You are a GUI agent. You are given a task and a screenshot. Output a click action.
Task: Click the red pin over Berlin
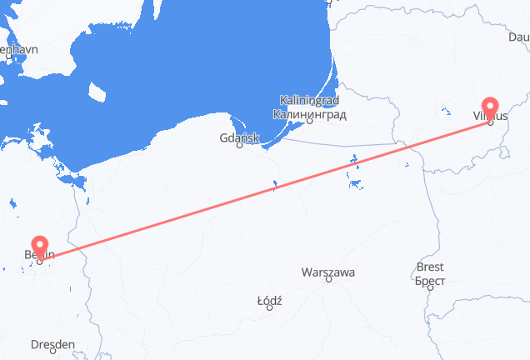(x=39, y=247)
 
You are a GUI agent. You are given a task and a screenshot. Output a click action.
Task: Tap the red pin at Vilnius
(x=489, y=109)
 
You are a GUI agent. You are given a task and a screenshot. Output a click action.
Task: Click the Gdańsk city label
(x=240, y=137)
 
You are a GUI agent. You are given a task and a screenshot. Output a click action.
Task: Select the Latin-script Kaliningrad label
(x=308, y=100)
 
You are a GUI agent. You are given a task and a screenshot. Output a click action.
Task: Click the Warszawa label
(x=328, y=272)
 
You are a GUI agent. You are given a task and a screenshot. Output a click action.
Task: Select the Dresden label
(x=52, y=343)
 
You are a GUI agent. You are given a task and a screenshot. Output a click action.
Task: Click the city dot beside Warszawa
(x=328, y=281)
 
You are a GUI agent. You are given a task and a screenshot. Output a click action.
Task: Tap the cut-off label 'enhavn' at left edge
(x=19, y=50)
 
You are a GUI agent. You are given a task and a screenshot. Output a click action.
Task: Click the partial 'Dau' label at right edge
(x=518, y=37)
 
